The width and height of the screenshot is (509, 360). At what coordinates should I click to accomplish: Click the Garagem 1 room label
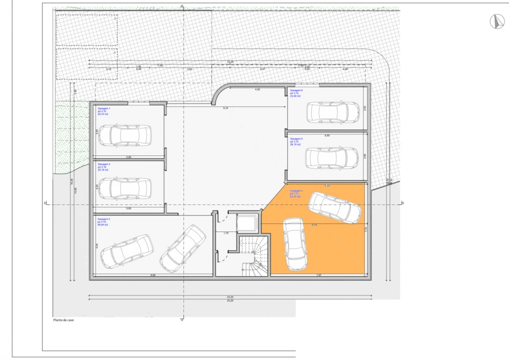104,108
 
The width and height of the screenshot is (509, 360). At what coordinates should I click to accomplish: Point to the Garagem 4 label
296,191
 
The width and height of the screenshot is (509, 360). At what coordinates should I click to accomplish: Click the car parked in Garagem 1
124,135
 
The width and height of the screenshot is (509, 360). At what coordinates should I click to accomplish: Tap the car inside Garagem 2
124,188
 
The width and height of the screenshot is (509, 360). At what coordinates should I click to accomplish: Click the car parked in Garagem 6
333,112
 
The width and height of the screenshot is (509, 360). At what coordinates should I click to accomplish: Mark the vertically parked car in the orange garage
295,244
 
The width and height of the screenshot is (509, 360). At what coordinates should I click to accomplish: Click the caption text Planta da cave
63,320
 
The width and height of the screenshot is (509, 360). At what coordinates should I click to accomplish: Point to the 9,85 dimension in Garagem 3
153,275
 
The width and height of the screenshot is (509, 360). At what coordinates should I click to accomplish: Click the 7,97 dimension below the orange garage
318,275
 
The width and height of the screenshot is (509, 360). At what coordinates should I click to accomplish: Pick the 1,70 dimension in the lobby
225,233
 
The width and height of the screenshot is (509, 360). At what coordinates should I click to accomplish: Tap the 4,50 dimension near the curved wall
257,89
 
